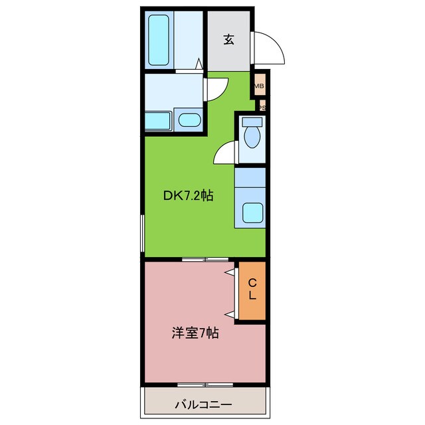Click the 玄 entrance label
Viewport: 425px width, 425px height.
(x=228, y=40)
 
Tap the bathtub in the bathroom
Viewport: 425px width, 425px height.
(x=159, y=41)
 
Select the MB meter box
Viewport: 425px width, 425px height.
(x=260, y=86)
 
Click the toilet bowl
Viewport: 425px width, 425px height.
(x=252, y=138)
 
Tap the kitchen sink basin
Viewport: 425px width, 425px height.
(x=252, y=212)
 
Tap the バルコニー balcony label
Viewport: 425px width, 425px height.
(x=204, y=404)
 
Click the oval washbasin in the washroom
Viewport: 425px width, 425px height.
(x=190, y=121)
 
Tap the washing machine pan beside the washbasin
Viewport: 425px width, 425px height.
(x=159, y=121)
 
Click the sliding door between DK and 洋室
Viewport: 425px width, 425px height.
(x=205, y=258)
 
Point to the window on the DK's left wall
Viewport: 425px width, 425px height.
(x=142, y=233)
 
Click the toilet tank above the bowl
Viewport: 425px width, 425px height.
(x=252, y=122)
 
